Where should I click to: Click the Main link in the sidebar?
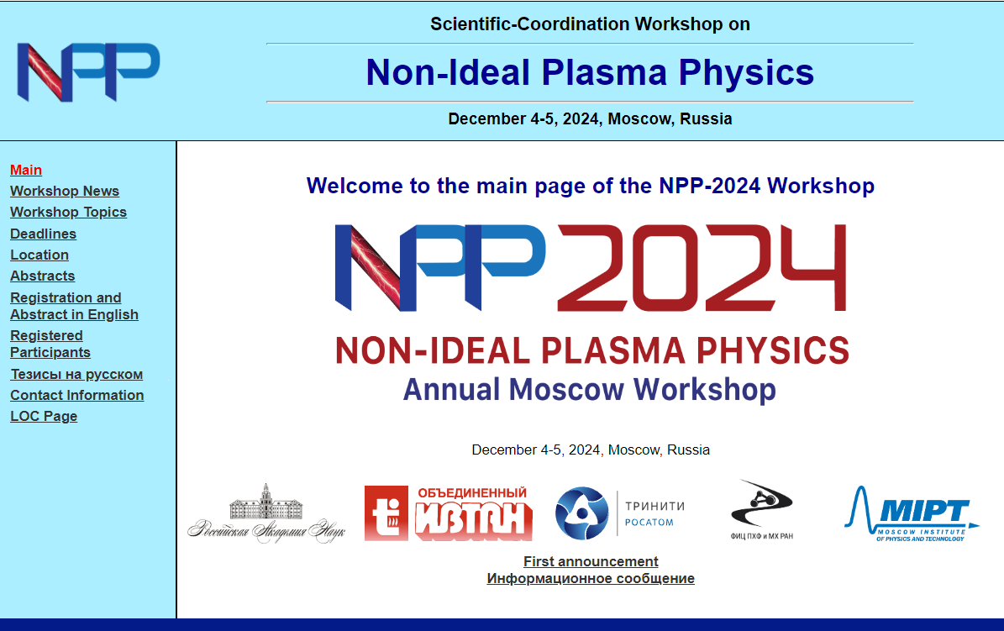point(26,170)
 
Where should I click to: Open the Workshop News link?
point(65,191)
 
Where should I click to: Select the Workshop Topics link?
point(69,212)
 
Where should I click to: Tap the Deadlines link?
point(44,234)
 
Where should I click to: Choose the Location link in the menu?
point(39,255)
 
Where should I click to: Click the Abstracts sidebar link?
point(43,276)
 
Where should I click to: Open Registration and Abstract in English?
point(74,306)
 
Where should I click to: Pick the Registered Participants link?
point(50,344)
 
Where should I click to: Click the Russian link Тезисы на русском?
point(76,374)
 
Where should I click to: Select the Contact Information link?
point(76,395)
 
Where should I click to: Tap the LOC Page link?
point(44,417)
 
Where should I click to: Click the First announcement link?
point(591,562)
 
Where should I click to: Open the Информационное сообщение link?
point(591,578)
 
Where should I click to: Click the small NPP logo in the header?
point(88,72)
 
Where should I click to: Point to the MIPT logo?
point(912,513)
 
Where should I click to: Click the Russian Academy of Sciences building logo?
point(266,513)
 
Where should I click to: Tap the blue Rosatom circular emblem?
point(581,513)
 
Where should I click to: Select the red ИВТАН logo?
point(449,513)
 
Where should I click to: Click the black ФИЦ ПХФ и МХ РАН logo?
point(762,510)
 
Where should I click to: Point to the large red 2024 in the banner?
point(702,268)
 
